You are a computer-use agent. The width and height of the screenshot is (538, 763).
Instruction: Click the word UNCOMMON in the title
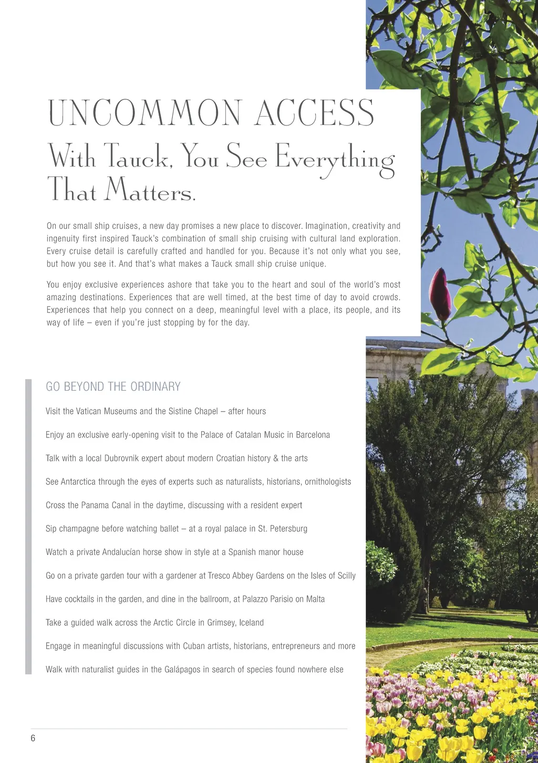[x=145, y=113]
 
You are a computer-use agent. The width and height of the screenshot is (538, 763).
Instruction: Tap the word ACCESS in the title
[x=314, y=113]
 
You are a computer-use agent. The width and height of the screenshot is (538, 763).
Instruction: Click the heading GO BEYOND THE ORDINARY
[x=113, y=387]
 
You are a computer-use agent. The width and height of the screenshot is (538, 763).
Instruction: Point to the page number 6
[x=33, y=738]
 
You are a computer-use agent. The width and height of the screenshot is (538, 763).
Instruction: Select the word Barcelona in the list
[x=313, y=435]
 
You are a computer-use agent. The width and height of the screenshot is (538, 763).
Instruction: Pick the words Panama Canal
[x=99, y=505]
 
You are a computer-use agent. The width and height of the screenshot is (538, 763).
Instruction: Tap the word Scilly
[x=346, y=576]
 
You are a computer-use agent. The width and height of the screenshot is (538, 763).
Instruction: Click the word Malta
[x=315, y=599]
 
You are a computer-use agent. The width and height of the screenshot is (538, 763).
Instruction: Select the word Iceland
[x=251, y=623]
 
